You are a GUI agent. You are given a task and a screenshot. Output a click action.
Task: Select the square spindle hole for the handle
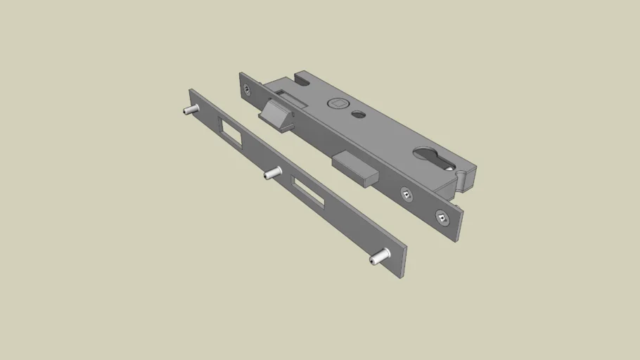[x=338, y=103]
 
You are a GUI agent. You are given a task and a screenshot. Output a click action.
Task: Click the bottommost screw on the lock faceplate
[x=441, y=218]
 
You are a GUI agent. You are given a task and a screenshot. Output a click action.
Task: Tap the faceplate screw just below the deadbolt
[x=407, y=193]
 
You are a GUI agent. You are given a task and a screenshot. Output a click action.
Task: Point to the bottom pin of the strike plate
[x=378, y=257]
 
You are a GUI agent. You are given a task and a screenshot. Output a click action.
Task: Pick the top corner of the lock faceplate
[x=241, y=73]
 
